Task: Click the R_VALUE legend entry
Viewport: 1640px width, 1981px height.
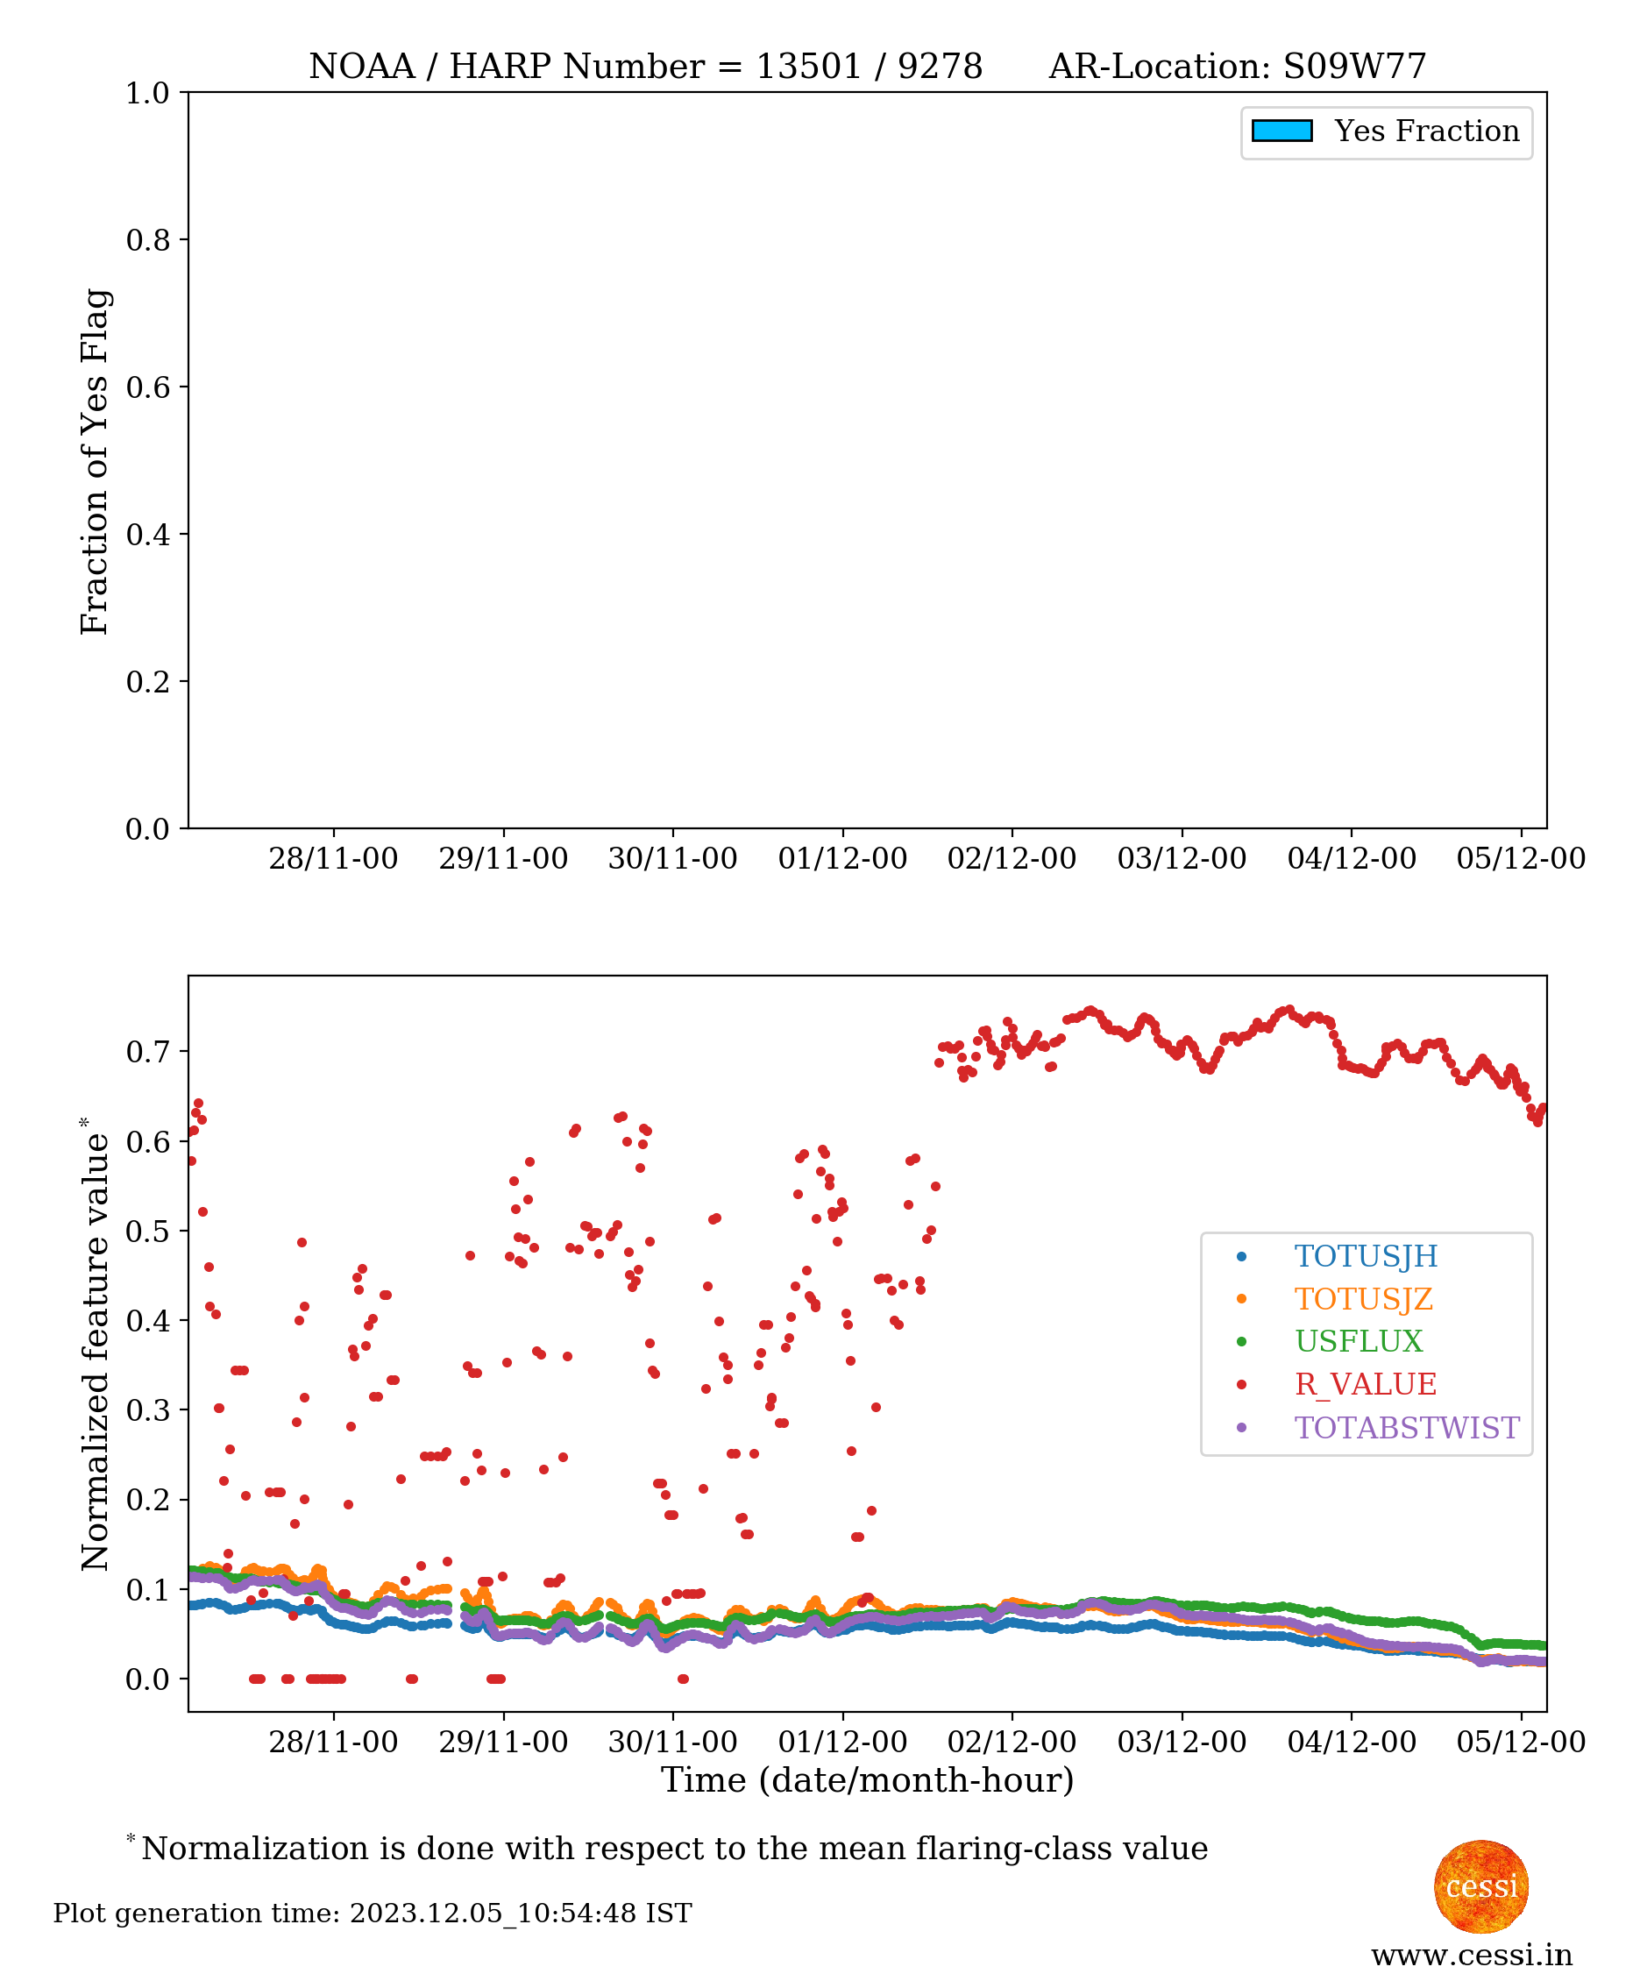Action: (x=1365, y=1384)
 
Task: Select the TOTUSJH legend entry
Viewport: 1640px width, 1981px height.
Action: (x=1365, y=1255)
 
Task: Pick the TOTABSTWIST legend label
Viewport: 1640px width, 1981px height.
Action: (x=1406, y=1427)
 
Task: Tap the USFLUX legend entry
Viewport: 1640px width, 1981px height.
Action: (x=1358, y=1340)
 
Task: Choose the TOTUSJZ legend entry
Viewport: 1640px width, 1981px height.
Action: (x=1363, y=1298)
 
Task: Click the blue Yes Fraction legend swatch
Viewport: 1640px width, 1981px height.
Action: (x=1281, y=131)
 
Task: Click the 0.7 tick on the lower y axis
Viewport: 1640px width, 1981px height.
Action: (x=147, y=1051)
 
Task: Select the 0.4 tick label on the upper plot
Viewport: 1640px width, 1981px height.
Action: (x=147, y=534)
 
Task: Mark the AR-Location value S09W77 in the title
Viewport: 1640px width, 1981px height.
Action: (x=1354, y=66)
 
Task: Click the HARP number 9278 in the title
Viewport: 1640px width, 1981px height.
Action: (x=940, y=66)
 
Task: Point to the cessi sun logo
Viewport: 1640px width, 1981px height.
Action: (x=1480, y=1885)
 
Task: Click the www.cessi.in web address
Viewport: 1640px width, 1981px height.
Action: (x=1471, y=1956)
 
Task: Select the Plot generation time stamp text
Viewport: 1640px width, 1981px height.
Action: (x=373, y=1914)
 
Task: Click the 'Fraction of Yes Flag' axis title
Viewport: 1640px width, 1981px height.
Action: (x=95, y=461)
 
